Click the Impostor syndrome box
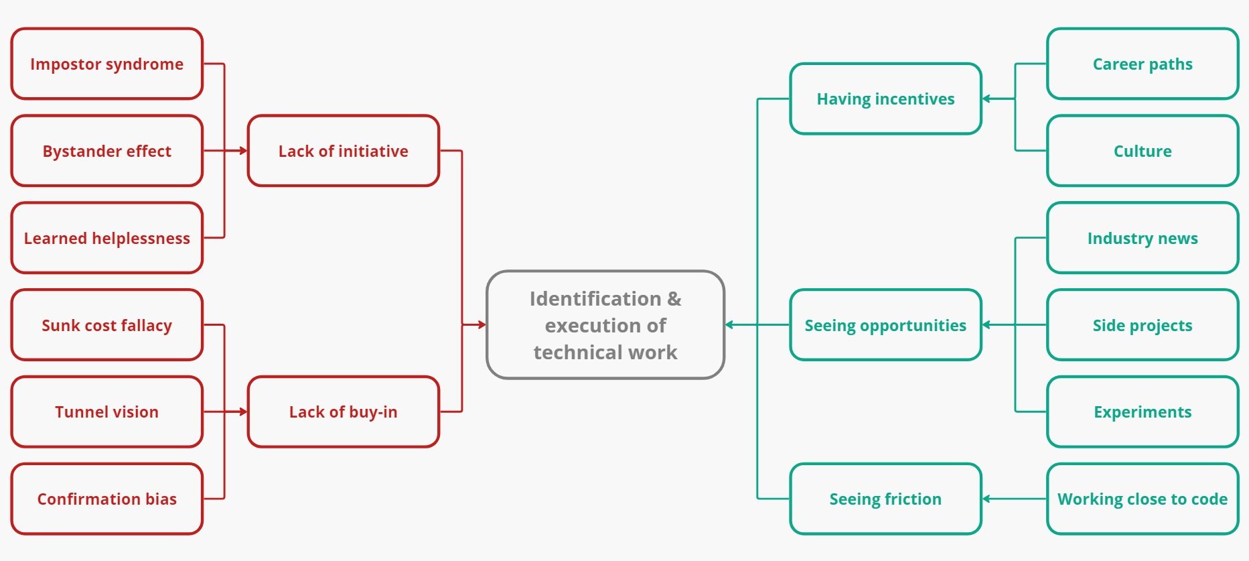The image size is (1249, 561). pyautogui.click(x=107, y=64)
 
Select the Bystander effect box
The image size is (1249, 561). pyautogui.click(x=107, y=151)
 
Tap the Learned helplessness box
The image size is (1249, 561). pyautogui.click(x=107, y=238)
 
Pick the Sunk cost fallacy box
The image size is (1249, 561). pyautogui.click(x=107, y=325)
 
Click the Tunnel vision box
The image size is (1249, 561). pyautogui.click(x=107, y=412)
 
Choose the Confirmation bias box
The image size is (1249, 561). pyautogui.click(x=107, y=499)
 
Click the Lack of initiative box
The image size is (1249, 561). pyautogui.click(x=344, y=151)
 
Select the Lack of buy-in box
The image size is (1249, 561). pyautogui.click(x=344, y=412)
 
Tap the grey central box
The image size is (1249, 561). pyautogui.click(x=605, y=325)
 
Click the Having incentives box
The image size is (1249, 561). pyautogui.click(x=885, y=99)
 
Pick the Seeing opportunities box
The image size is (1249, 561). pyautogui.click(x=885, y=325)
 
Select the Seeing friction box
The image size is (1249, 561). pyautogui.click(x=885, y=499)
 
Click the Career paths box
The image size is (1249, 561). pyautogui.click(x=1143, y=64)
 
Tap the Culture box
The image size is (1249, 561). pyautogui.click(x=1143, y=151)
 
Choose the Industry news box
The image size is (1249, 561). pyautogui.click(x=1143, y=238)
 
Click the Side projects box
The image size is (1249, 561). pyautogui.click(x=1143, y=325)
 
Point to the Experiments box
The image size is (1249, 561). pyautogui.click(x=1143, y=412)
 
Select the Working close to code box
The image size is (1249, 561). pyautogui.click(x=1143, y=499)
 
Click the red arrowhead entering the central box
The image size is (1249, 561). pyautogui.click(x=482, y=325)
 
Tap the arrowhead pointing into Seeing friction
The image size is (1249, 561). pyautogui.click(x=986, y=499)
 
